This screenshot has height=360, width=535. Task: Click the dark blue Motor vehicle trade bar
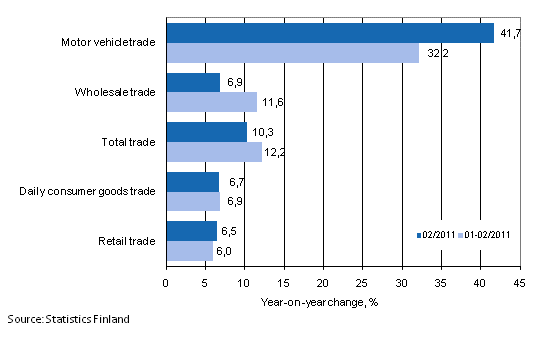pos(330,34)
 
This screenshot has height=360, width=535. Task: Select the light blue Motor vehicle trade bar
pos(292,53)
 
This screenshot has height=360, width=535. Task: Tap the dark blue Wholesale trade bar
pos(193,83)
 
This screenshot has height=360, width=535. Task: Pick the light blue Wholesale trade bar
pos(211,102)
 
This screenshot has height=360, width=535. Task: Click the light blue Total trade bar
pos(214,151)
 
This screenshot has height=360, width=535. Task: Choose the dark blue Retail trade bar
pos(191,231)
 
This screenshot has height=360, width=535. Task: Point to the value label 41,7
pos(506,33)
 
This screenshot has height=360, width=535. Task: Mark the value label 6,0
pos(225,250)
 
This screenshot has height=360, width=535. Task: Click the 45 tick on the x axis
pos(519,281)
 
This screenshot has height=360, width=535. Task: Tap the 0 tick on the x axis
pos(166,281)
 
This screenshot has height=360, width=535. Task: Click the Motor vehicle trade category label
pos(105,43)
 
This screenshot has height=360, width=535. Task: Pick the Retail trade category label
pos(128,240)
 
